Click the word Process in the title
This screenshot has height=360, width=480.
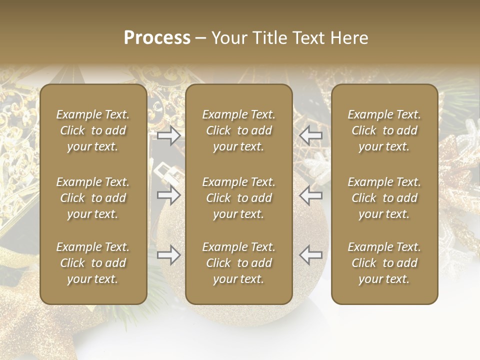click(157, 38)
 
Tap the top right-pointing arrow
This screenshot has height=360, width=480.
click(169, 135)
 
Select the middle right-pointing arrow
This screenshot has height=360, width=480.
click(169, 195)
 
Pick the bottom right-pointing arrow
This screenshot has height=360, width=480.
click(169, 255)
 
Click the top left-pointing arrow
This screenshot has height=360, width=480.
click(310, 135)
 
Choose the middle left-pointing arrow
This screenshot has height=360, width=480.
click(310, 195)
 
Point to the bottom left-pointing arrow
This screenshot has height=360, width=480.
click(310, 255)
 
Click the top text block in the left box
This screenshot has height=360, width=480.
click(93, 130)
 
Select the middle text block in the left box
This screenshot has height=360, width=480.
click(93, 198)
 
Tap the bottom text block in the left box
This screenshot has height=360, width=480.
click(93, 263)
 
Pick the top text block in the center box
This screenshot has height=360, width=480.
click(238, 130)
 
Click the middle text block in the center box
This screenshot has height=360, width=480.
click(238, 198)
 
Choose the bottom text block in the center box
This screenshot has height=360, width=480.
click(238, 263)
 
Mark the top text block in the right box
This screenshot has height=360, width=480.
click(384, 130)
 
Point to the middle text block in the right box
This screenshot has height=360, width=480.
click(384, 198)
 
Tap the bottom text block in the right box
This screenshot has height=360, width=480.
click(384, 263)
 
